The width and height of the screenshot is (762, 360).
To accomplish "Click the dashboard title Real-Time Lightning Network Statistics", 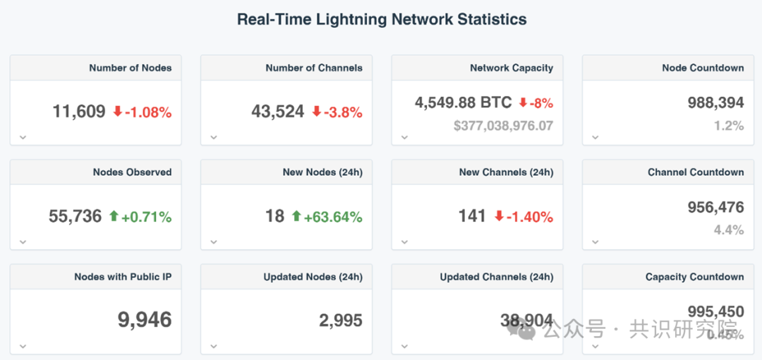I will [x=381, y=20].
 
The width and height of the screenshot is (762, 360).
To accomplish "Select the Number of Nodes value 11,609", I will [x=79, y=112].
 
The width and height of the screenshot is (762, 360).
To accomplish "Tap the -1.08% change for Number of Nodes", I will [x=148, y=112].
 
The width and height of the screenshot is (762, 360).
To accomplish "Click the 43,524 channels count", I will [x=278, y=112].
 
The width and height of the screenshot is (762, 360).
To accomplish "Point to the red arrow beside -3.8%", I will [x=317, y=112].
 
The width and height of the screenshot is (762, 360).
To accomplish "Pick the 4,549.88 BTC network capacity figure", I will [x=463, y=102].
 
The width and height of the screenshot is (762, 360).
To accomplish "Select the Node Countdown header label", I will [x=703, y=68].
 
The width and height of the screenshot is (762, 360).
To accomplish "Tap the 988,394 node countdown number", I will [x=715, y=102].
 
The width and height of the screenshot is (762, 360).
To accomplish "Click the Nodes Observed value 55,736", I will [x=75, y=217].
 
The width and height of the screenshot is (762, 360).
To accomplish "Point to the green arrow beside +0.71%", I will [x=114, y=216].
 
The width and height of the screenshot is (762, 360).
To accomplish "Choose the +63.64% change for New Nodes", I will [x=333, y=217].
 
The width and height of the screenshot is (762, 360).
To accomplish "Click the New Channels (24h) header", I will [x=506, y=172].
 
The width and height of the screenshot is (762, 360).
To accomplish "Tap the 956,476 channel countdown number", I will [x=715, y=208].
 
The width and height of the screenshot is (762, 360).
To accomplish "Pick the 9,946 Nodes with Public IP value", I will [x=145, y=320].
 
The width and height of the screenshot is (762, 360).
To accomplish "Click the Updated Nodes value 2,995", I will [x=341, y=320].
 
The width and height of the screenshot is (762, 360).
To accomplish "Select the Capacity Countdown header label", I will [x=694, y=277].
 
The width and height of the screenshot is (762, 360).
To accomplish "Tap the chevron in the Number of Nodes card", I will [x=23, y=138].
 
